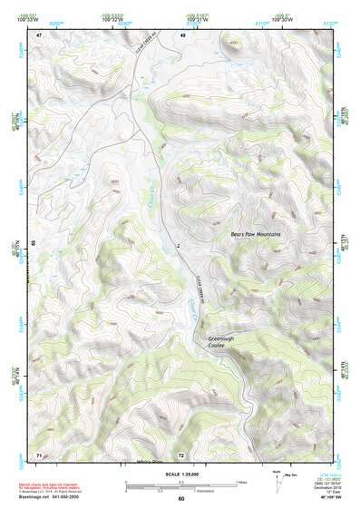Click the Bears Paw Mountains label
click(256, 235)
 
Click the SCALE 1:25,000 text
click(180, 475)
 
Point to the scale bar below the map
click(180, 485)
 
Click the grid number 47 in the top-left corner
click(39, 34)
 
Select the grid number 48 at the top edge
click(182, 34)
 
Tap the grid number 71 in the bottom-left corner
click(39, 454)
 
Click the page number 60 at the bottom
click(180, 498)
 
